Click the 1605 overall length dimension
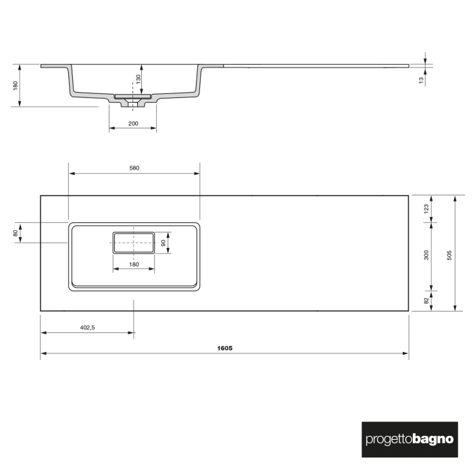pyautogui.click(x=224, y=348)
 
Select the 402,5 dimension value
pyautogui.click(x=87, y=327)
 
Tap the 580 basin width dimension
pyautogui.click(x=134, y=168)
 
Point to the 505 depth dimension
pyautogui.click(x=450, y=253)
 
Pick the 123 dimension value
pyautogui.click(x=426, y=209)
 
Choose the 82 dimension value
pyautogui.click(x=426, y=301)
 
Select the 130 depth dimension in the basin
pyautogui.click(x=138, y=79)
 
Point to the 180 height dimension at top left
pyautogui.click(x=15, y=85)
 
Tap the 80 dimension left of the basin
pyautogui.click(x=15, y=233)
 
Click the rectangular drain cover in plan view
pyautogui.click(x=134, y=242)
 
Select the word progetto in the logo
pyautogui.click(x=387, y=439)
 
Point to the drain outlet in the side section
pyautogui.click(x=133, y=103)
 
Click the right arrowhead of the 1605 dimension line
pyautogui.click(x=407, y=353)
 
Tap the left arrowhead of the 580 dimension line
pyautogui.click(x=71, y=173)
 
